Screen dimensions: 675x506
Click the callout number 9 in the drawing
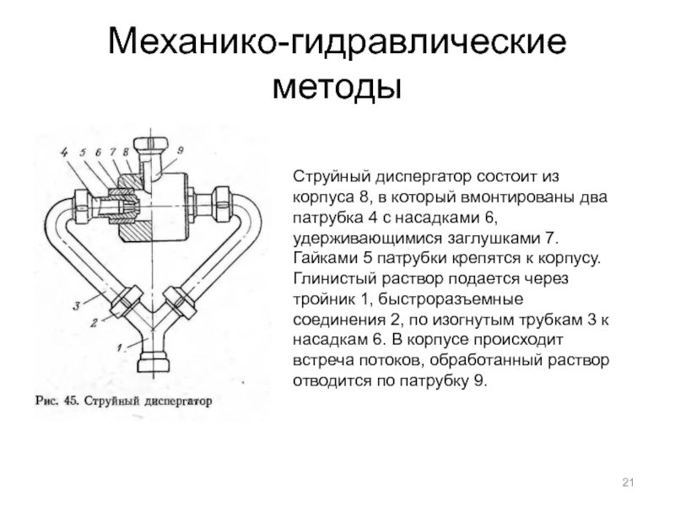(181, 150)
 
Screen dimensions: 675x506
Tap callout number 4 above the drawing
(64, 152)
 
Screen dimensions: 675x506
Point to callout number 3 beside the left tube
(76, 306)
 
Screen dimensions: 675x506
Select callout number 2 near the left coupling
(94, 322)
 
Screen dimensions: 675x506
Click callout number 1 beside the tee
(121, 347)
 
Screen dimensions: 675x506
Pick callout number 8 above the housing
(126, 152)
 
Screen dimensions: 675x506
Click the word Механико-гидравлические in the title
(337, 42)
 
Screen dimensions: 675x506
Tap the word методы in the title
(337, 88)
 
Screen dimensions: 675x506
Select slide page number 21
(628, 482)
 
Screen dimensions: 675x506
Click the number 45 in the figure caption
(70, 401)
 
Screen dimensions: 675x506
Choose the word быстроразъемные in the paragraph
(451, 299)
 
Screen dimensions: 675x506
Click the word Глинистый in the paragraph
(334, 279)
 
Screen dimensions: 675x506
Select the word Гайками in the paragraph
(326, 259)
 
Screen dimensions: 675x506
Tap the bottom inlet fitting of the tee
(151, 363)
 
